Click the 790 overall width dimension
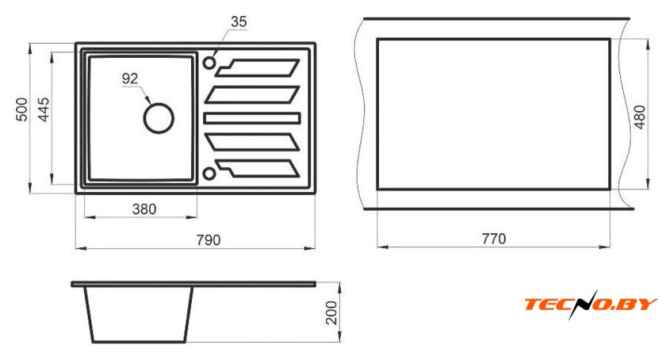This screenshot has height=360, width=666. pos(208,240)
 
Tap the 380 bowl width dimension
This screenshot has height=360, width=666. pos(144,209)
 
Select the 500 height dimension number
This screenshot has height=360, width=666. pos(22,109)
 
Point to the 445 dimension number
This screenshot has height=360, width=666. pos(44,109)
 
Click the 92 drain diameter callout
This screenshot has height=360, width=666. pos(130,79)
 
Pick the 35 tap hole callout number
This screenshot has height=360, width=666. pos(239,21)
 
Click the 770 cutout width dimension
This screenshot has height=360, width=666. pos(494,239)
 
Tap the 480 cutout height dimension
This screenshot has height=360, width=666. pos(639,117)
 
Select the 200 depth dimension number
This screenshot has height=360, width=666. pos(331,313)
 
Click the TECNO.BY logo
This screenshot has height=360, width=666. pos(591,304)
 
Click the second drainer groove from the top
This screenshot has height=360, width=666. pos(252,95)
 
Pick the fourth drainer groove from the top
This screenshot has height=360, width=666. pos(252,142)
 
